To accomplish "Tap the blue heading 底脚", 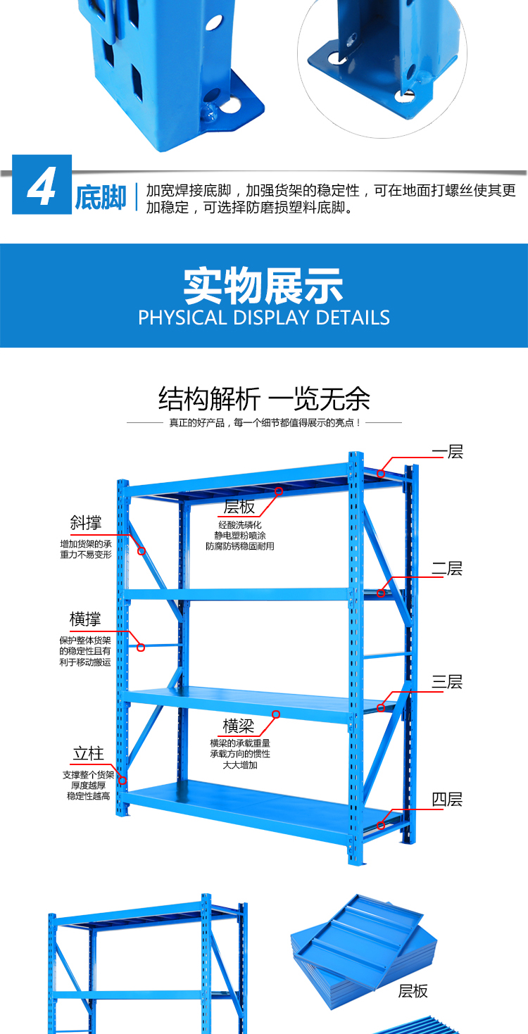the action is (x=101, y=198).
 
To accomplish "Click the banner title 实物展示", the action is (x=263, y=286).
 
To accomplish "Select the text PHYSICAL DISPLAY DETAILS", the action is (x=264, y=317).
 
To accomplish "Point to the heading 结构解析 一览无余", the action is (x=264, y=398).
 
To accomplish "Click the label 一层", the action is (x=447, y=451).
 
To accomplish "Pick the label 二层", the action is (x=447, y=568).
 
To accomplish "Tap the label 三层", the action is (x=447, y=682).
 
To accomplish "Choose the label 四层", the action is (x=447, y=799).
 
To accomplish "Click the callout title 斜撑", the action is (x=85, y=522).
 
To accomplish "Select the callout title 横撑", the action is (x=85, y=619).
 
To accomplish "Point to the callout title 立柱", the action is (x=89, y=754).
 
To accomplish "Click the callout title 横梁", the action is (x=239, y=726).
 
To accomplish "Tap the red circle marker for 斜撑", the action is (x=142, y=551).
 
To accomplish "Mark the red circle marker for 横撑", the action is (x=141, y=648).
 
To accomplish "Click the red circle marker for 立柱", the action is (x=122, y=781).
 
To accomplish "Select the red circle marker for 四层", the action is (x=381, y=826).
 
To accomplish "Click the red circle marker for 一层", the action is (x=381, y=474).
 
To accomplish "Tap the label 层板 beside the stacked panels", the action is (x=413, y=991).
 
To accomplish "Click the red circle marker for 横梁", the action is (x=276, y=714).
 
